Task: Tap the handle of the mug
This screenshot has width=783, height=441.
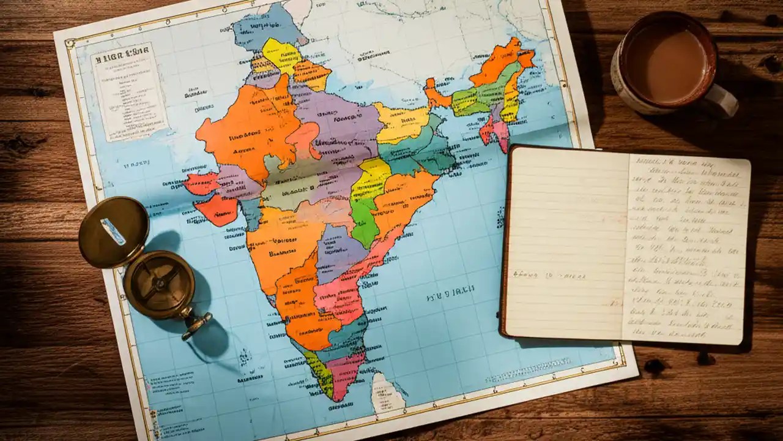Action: click(x=723, y=100)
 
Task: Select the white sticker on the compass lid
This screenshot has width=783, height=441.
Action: click(x=113, y=231)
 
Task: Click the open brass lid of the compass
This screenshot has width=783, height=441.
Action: click(x=114, y=232)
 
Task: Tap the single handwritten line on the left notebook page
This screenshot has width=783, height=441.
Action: click(x=549, y=276)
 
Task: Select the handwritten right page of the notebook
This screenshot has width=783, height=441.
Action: click(x=685, y=248)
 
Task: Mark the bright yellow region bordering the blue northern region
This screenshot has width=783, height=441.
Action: click(x=281, y=54)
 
